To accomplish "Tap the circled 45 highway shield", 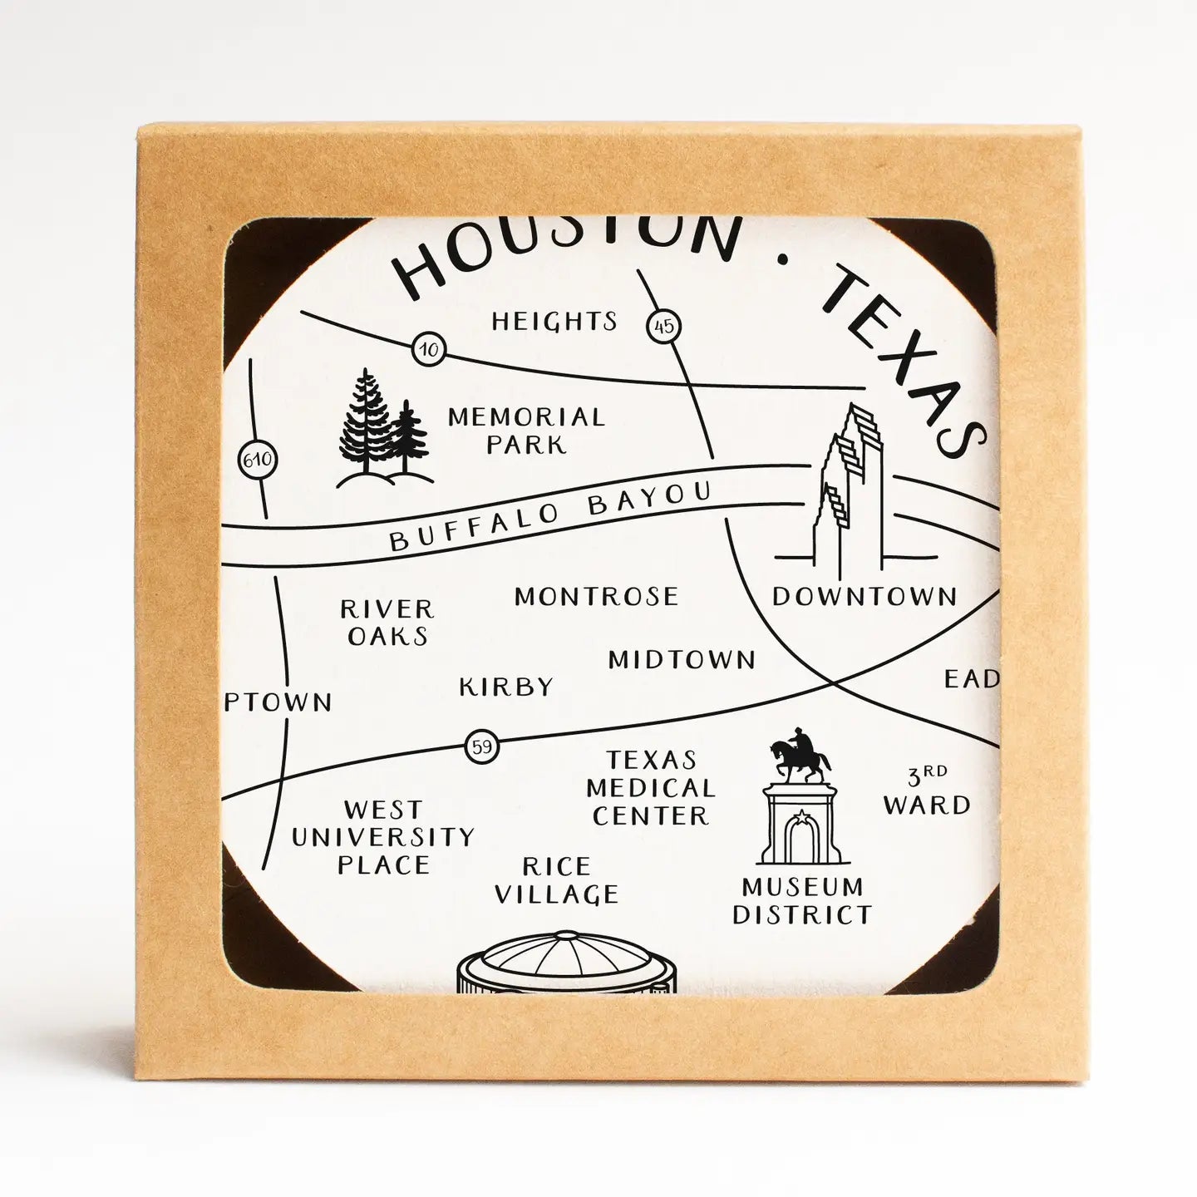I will (663, 326).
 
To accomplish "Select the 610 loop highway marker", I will (257, 460).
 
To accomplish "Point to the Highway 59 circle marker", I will (482, 746).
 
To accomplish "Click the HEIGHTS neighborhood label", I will (554, 321).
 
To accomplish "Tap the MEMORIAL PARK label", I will (526, 430).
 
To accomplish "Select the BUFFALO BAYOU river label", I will (550, 516).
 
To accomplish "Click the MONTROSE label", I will (596, 596).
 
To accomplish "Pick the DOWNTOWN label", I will (864, 596).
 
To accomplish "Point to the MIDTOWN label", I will (682, 660).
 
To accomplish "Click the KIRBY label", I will (506, 687).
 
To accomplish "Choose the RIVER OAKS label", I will (387, 623).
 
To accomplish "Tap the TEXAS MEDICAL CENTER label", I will (653, 788).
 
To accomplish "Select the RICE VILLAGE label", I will (556, 880).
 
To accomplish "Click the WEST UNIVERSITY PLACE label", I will (383, 836).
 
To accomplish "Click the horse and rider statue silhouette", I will (800, 754).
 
